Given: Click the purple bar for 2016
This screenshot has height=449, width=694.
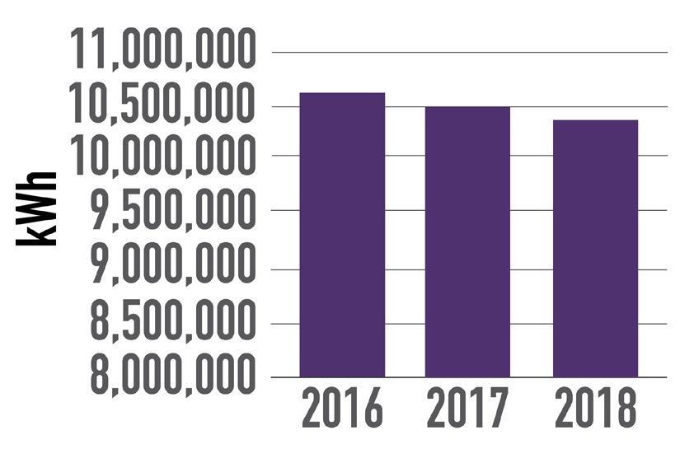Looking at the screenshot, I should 342,235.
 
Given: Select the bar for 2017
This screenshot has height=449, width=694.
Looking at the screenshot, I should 467,241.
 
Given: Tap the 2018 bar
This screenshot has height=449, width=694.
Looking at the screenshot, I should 595,248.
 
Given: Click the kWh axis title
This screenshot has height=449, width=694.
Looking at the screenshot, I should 36,208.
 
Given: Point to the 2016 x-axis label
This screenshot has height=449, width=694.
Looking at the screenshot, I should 342,409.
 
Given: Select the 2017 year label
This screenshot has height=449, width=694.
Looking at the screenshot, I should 467,409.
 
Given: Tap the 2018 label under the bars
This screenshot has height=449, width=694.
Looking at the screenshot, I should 595,409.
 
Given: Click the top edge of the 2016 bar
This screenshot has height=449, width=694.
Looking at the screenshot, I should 342,93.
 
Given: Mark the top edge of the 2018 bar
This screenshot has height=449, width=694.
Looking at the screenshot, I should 595,120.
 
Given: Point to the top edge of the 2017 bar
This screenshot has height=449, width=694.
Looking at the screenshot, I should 467,107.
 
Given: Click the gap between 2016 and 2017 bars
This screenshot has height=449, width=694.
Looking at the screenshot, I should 405,247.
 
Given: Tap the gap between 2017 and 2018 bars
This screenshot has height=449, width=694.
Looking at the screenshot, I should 532,247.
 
